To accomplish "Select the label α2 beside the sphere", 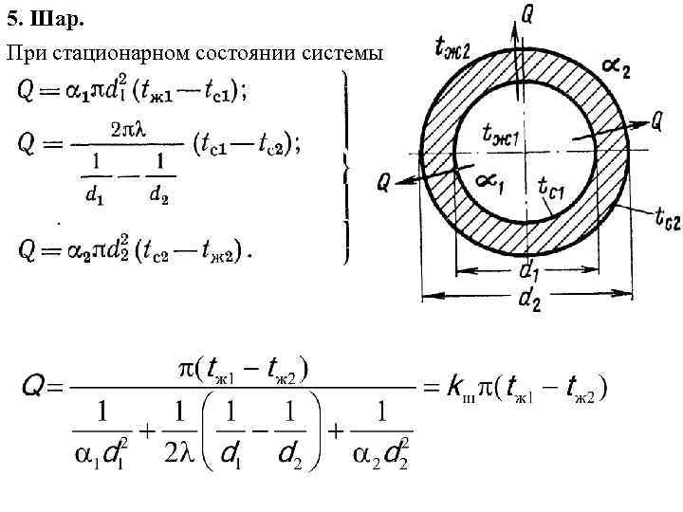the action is click(616, 67).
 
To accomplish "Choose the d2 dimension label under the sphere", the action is click(531, 302).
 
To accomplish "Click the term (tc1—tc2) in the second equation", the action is click(246, 145).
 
